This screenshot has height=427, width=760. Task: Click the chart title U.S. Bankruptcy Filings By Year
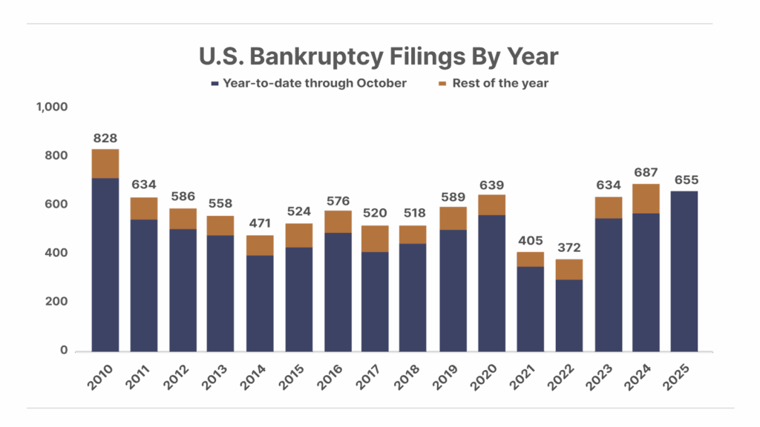378,56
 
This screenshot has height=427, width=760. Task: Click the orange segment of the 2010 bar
105,163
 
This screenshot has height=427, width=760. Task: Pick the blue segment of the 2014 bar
260,303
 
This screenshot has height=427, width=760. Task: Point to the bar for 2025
684,271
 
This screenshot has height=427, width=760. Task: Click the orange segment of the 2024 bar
646,198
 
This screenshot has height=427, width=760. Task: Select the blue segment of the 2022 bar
569,315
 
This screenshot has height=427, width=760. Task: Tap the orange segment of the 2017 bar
375,239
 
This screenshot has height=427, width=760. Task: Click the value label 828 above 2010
105,139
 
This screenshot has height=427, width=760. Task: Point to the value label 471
260,225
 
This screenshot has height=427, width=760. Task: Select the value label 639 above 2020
491,185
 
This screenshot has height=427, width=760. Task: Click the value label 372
569,248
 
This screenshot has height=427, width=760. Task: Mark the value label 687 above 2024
646,173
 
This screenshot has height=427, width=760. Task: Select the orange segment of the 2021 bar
530,259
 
